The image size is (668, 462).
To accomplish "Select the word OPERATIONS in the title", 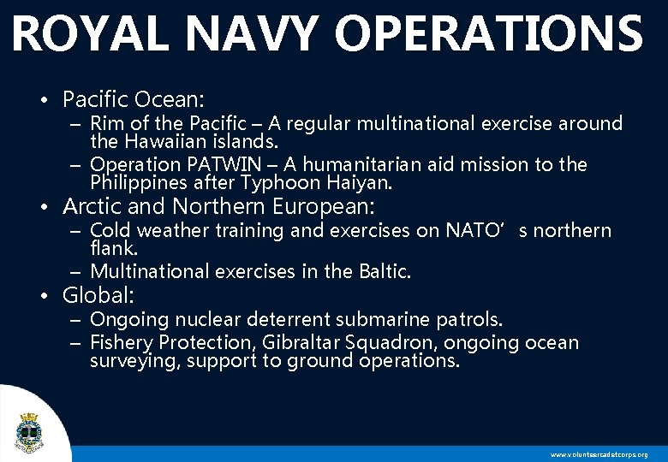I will click(488, 34).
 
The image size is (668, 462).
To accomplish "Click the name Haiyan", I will click(359, 182).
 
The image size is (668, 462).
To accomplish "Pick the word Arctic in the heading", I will click(90, 206).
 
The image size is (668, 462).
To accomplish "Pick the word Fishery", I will click(121, 343).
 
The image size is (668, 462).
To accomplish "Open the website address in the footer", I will click(599, 454).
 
